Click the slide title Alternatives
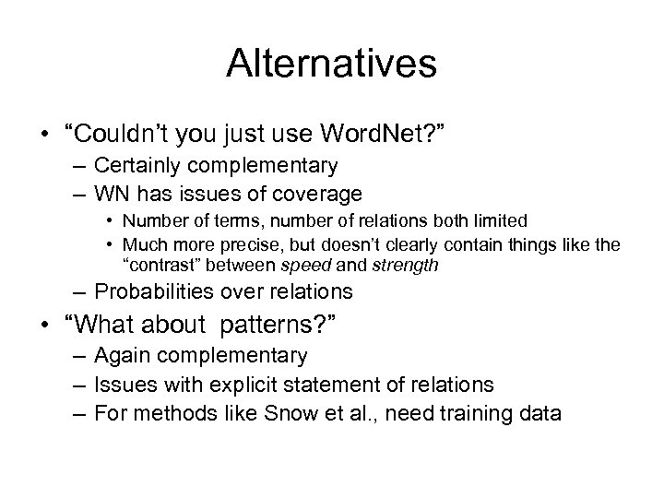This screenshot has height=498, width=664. click(331, 64)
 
